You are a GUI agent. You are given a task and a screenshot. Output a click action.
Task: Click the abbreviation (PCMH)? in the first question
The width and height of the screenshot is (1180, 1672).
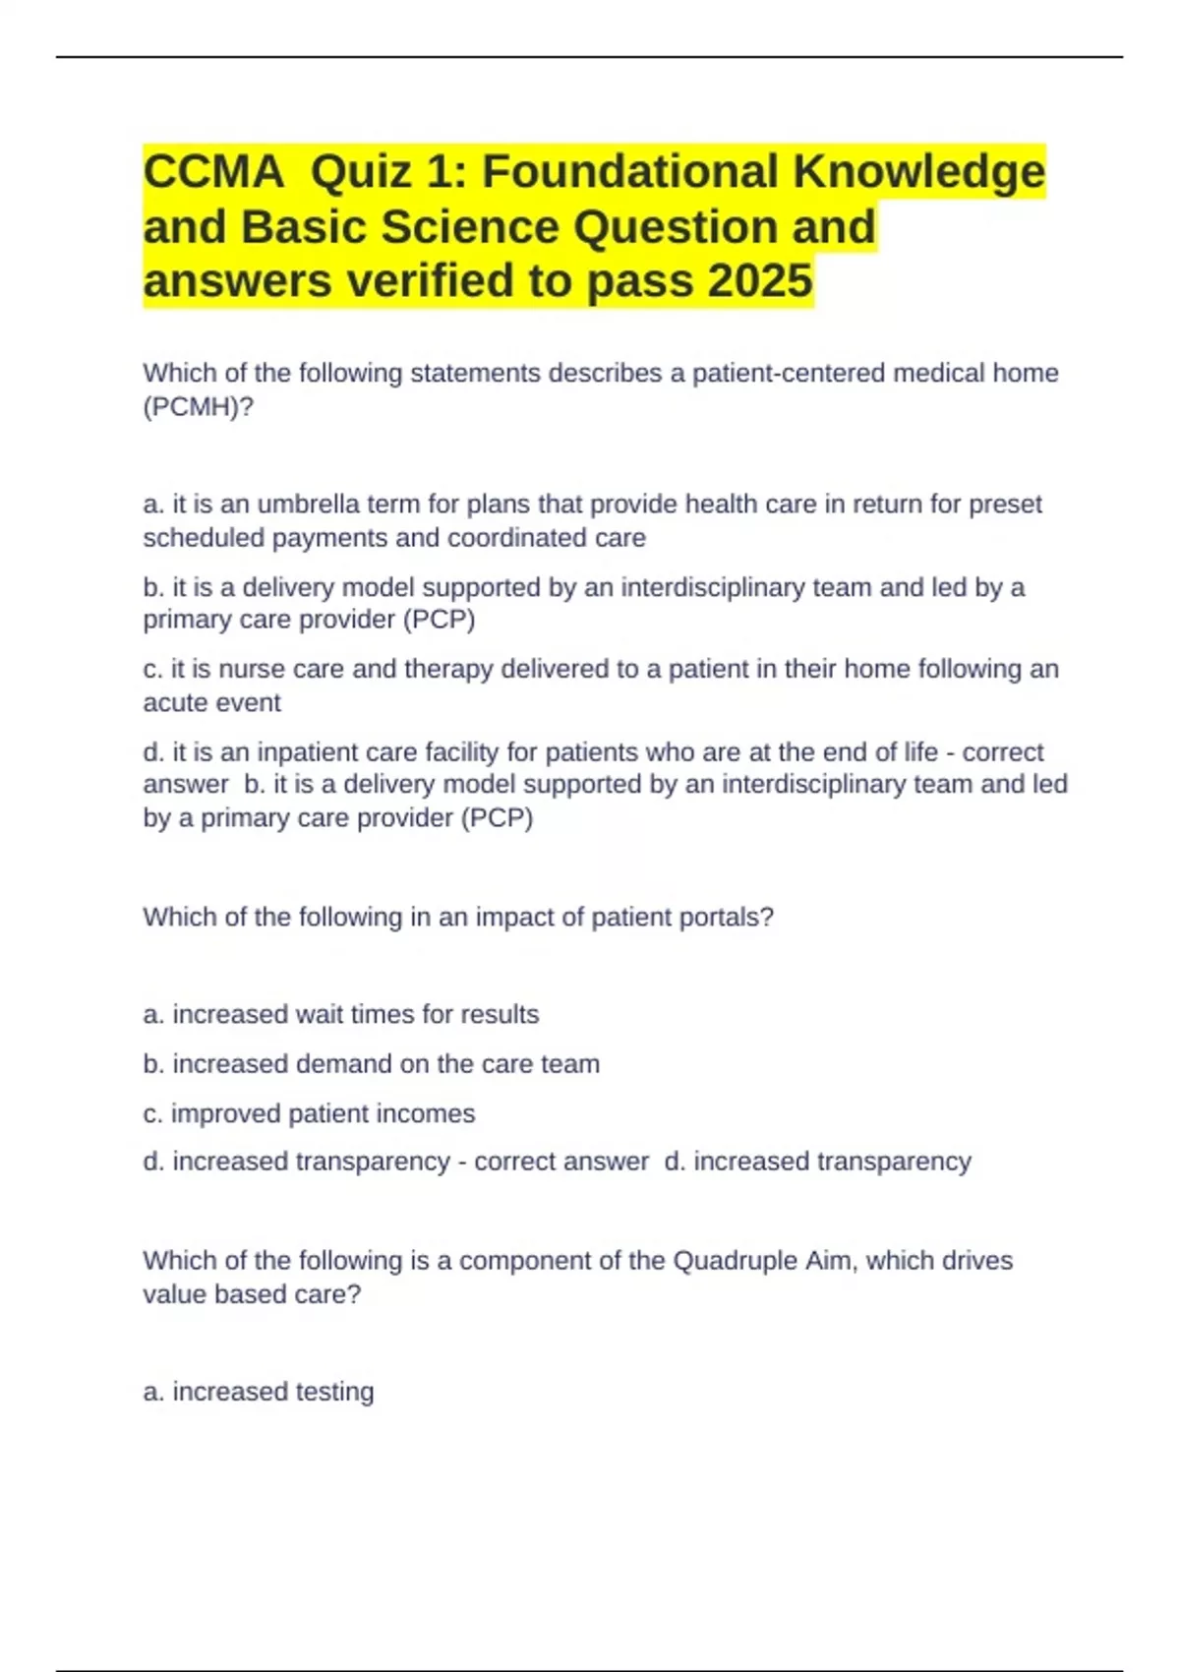pyautogui.click(x=198, y=406)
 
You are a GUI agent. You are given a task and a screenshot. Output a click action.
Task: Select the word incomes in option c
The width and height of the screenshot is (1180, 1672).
pyautogui.click(x=432, y=1113)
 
